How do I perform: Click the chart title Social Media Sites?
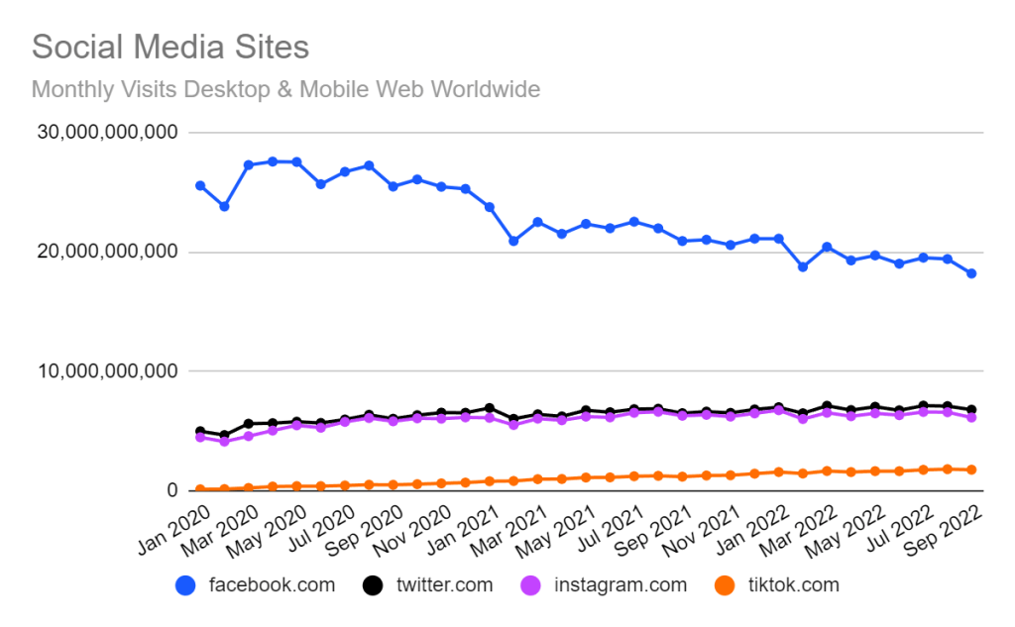point(170,48)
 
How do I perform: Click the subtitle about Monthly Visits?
point(285,89)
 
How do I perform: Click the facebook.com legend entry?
point(272,585)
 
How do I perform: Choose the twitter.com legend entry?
point(442,585)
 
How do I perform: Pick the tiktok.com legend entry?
point(790,585)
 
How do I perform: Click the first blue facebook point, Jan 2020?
point(200,185)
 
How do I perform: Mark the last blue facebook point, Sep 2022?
point(971,273)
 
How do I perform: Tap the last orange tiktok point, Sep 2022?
point(971,470)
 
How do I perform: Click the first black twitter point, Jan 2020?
point(200,431)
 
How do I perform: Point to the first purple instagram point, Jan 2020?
point(200,437)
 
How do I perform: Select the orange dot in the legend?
point(726,585)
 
